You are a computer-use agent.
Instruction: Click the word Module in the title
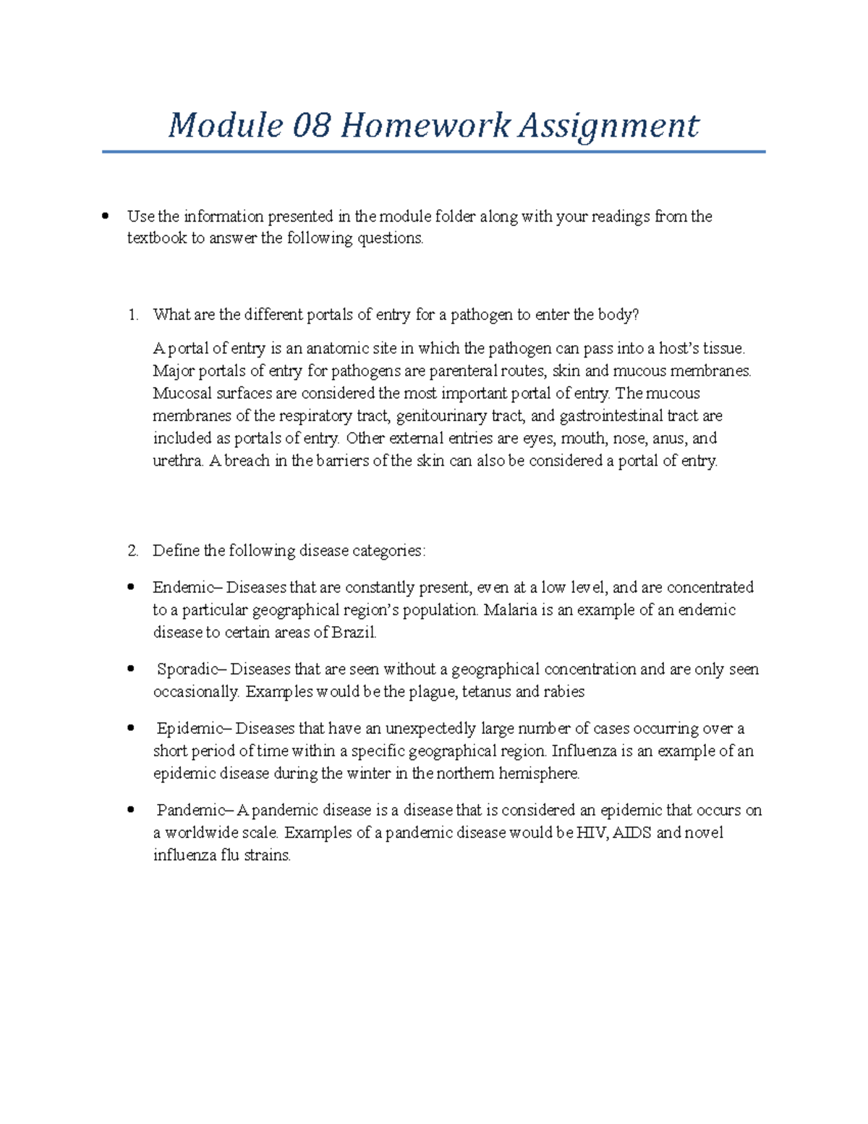(225, 126)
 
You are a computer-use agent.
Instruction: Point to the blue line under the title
(433, 152)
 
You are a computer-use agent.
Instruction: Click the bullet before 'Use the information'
(106, 216)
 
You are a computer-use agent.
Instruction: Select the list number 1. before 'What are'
(132, 315)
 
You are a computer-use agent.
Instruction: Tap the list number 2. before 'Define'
(132, 551)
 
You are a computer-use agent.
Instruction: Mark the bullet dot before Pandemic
(131, 810)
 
